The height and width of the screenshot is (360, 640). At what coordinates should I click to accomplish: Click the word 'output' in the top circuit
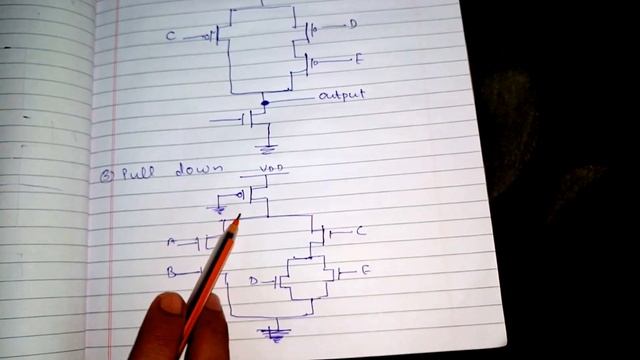click(341, 96)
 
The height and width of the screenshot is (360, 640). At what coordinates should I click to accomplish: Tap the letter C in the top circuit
click(171, 37)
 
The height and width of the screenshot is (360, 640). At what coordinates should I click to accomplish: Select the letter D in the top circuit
click(353, 24)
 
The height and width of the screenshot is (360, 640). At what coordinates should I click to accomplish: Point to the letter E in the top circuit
click(358, 60)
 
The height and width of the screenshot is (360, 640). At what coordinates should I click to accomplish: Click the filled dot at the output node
click(264, 102)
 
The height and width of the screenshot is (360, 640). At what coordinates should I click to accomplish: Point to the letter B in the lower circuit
click(170, 271)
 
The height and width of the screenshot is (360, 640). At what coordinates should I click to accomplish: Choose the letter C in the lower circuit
click(360, 232)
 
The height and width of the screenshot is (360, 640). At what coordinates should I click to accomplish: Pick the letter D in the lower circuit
click(253, 282)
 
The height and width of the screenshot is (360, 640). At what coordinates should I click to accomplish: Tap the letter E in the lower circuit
click(365, 271)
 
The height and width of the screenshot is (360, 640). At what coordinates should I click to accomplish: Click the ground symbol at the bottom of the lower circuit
click(271, 334)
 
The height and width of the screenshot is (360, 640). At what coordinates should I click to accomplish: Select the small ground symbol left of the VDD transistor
click(222, 208)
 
